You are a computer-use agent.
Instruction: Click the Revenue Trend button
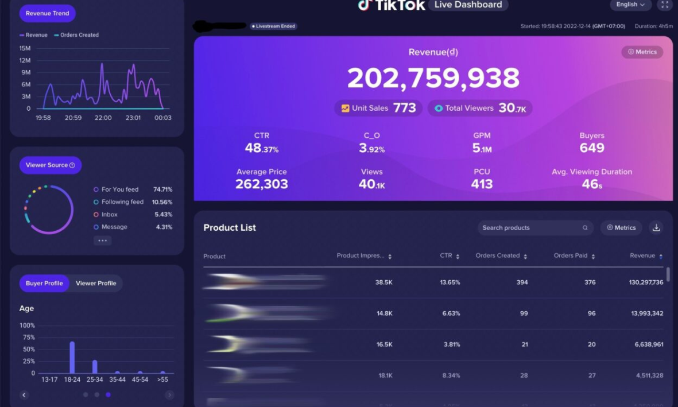tap(47, 13)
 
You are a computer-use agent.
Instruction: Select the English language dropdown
tap(630, 5)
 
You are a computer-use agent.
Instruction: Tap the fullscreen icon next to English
tap(664, 5)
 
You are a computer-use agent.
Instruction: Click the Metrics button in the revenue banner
tap(642, 52)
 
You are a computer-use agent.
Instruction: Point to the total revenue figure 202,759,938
tap(433, 78)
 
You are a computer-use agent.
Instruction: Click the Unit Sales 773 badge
tap(378, 108)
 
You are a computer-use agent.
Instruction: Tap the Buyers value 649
tap(592, 148)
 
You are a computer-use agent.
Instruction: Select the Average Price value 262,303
tap(262, 184)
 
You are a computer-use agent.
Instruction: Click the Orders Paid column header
tap(574, 256)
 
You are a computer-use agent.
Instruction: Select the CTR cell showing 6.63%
tap(451, 313)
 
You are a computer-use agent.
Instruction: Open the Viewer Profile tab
tap(96, 283)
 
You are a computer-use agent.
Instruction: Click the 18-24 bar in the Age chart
tap(72, 357)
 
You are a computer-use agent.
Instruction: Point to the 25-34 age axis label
tap(94, 379)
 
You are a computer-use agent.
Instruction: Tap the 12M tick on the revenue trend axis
tap(25, 60)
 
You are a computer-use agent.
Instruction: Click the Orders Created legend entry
tap(76, 35)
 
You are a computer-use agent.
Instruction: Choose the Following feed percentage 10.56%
tap(162, 202)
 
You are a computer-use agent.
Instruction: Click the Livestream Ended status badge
tap(273, 26)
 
